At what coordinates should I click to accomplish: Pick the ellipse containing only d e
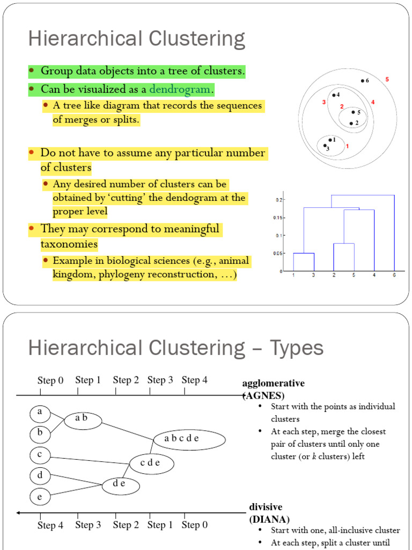[x=121, y=485]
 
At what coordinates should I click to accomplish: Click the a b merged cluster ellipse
[x=83, y=419]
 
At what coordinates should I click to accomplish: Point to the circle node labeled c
[x=40, y=455]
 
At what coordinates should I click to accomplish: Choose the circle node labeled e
[x=40, y=497]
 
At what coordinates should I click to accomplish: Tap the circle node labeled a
[x=40, y=414]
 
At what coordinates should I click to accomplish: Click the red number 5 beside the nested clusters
[x=387, y=79]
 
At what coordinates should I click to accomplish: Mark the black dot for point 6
[x=362, y=81]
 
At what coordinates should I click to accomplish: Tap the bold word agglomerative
[x=274, y=383]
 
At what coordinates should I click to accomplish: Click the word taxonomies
[x=69, y=244]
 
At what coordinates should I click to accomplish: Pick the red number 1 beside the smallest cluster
[x=347, y=146]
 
